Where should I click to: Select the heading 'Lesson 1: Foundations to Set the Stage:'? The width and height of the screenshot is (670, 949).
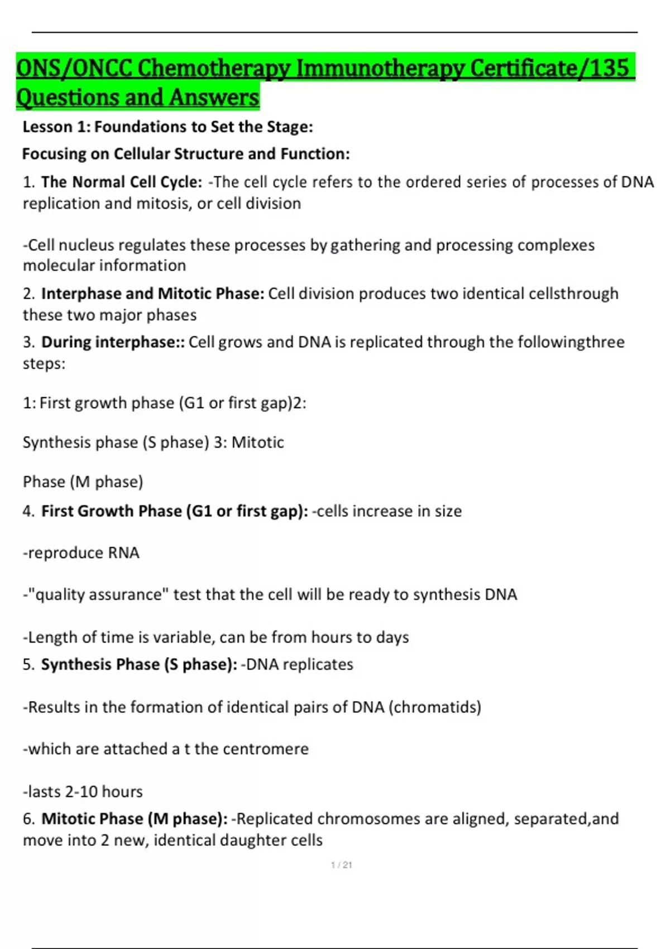167,127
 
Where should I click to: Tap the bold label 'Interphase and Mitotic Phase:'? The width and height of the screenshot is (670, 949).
152,294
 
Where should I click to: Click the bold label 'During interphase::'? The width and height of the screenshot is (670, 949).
113,342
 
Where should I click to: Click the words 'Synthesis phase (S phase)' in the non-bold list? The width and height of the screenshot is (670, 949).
116,443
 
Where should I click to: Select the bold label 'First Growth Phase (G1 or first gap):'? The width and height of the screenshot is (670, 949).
174,511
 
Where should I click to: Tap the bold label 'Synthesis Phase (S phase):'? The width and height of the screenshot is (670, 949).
139,664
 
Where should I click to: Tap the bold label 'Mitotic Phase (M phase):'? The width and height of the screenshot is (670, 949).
135,819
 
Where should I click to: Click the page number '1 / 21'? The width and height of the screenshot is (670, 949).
341,865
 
